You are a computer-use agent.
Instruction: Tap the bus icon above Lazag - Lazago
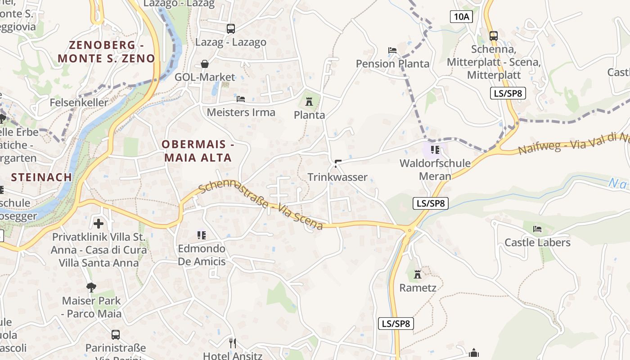(x=231, y=29)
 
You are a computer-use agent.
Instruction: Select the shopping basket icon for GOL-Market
(x=205, y=64)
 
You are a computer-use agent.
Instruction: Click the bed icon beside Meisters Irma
(x=241, y=99)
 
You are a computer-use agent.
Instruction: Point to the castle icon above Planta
(x=309, y=102)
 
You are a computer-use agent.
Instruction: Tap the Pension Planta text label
(x=392, y=64)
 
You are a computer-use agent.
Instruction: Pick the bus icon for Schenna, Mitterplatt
(x=494, y=36)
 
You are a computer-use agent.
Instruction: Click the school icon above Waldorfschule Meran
(x=435, y=149)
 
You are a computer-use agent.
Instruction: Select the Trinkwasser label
(x=337, y=177)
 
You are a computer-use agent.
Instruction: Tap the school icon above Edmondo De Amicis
(x=201, y=235)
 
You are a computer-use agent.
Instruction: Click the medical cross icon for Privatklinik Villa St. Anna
(x=99, y=223)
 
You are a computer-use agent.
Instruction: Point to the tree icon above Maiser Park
(x=91, y=287)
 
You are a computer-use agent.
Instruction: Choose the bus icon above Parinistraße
(x=116, y=334)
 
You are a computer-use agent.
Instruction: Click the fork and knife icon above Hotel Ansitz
(x=233, y=343)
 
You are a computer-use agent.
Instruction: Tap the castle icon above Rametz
(x=418, y=274)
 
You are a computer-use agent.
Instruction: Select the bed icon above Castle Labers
(x=537, y=229)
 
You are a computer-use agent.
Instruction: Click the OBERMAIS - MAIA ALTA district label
(x=198, y=151)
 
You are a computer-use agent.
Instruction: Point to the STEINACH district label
(x=41, y=177)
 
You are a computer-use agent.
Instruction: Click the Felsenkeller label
(x=79, y=103)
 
